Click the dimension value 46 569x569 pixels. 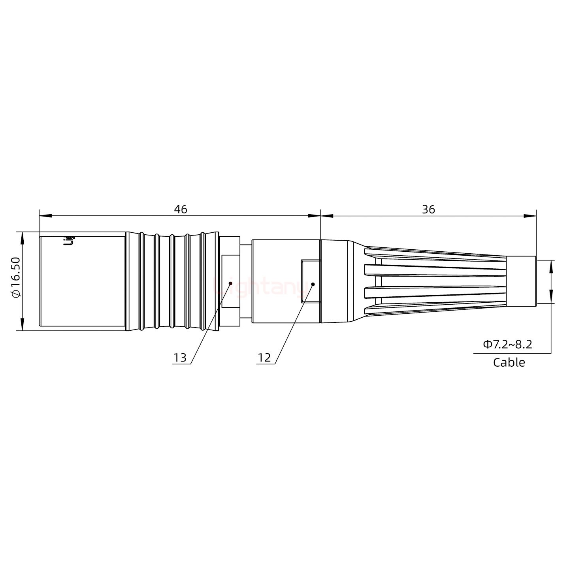(x=181, y=209)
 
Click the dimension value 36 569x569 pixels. (x=428, y=209)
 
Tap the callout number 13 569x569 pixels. (x=180, y=358)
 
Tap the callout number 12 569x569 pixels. (x=264, y=358)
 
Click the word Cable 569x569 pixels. (x=509, y=362)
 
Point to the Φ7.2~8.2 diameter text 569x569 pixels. (x=507, y=344)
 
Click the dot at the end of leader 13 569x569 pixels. (x=230, y=283)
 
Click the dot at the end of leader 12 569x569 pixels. (x=313, y=284)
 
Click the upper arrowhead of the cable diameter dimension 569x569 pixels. (x=551, y=266)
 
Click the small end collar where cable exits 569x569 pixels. (x=521, y=281)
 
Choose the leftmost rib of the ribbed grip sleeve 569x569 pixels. (x=141, y=281)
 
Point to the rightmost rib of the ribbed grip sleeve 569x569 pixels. (x=203, y=281)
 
